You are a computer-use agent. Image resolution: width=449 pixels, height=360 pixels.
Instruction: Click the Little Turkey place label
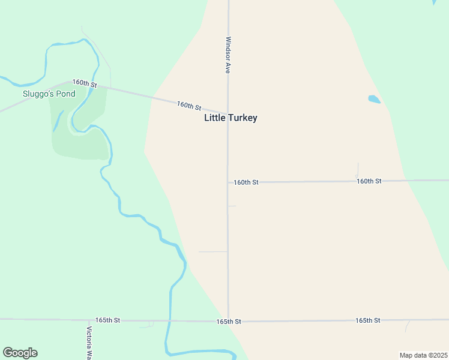[231, 118]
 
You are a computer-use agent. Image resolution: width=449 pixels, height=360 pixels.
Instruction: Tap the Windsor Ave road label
[228, 55]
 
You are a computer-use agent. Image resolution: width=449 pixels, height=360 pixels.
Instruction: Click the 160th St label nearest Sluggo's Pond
[85, 83]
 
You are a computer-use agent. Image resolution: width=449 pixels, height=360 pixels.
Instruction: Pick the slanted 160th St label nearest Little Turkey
[189, 106]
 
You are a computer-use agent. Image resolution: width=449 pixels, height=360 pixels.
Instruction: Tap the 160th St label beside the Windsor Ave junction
[246, 182]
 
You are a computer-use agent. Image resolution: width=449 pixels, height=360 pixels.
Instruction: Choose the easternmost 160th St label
[369, 181]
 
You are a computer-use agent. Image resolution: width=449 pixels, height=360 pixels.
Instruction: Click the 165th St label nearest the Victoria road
[107, 320]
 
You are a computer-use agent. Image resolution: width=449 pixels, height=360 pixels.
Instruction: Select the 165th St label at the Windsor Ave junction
[229, 322]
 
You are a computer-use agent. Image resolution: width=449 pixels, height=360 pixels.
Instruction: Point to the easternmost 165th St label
[367, 320]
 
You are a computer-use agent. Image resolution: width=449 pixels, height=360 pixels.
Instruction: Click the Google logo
[20, 353]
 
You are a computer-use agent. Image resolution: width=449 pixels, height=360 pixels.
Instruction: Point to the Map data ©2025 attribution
[423, 355]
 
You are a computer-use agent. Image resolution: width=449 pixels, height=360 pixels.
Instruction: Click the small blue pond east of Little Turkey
[374, 99]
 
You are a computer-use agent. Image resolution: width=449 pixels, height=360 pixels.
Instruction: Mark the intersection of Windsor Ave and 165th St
[228, 321]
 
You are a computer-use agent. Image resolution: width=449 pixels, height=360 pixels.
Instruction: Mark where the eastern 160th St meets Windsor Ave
[228, 182]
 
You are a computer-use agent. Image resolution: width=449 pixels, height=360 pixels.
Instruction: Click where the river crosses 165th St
[169, 321]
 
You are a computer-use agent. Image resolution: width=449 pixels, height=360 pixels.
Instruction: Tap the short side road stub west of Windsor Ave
[212, 252]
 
